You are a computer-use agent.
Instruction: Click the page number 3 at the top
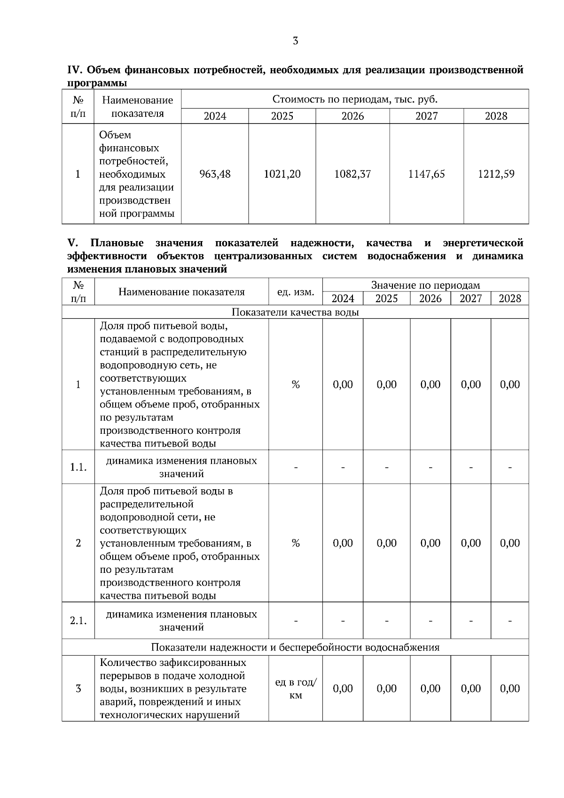[295, 41]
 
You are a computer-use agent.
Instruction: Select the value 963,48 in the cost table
[215, 174]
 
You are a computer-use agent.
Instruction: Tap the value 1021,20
[282, 174]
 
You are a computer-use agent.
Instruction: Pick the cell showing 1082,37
[352, 174]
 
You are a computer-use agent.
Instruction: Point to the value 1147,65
[426, 174]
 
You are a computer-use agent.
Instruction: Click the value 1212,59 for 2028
[496, 174]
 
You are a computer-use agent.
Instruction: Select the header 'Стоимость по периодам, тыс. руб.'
[355, 99]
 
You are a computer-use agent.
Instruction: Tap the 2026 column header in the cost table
[352, 116]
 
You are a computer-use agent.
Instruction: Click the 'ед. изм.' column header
[296, 292]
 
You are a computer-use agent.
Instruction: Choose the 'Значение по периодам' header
[425, 285]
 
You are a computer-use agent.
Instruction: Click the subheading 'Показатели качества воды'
[295, 312]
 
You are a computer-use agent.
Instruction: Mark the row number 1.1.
[78, 467]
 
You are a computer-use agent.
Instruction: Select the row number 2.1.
[78, 620]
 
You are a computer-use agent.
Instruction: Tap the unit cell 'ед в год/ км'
[296, 688]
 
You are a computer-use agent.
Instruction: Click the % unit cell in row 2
[296, 543]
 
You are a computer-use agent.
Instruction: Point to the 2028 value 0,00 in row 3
[509, 688]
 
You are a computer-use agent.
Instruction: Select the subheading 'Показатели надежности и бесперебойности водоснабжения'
[295, 647]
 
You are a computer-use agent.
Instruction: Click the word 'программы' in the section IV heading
[97, 83]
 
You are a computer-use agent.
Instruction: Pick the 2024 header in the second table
[343, 298]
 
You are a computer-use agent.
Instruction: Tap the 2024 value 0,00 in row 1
[343, 384]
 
